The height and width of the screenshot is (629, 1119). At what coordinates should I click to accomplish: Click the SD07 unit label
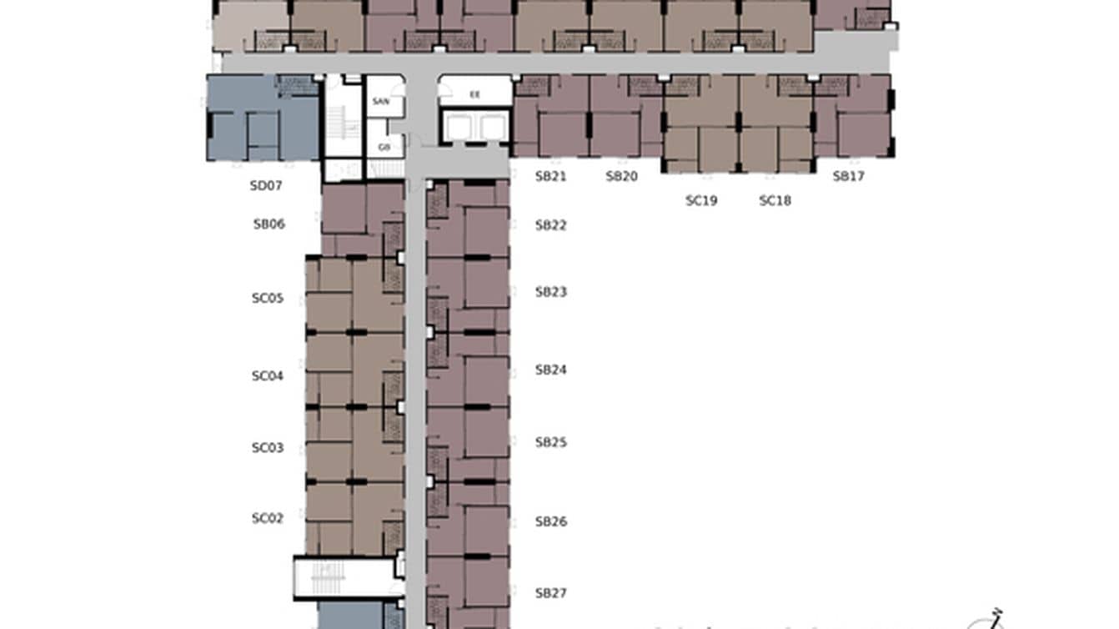click(266, 186)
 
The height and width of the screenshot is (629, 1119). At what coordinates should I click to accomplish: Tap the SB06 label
click(269, 224)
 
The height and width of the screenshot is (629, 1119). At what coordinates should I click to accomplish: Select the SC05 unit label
click(268, 298)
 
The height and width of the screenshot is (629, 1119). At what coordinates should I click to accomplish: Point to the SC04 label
click(268, 376)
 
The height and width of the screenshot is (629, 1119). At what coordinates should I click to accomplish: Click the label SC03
click(268, 448)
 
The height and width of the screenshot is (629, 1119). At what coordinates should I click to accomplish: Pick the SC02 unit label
click(268, 518)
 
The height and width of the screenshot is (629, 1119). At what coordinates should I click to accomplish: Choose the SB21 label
click(550, 176)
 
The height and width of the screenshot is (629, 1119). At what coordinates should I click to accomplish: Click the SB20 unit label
click(621, 176)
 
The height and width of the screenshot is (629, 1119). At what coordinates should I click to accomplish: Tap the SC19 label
click(701, 200)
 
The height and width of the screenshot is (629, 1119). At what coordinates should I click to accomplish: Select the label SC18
click(775, 200)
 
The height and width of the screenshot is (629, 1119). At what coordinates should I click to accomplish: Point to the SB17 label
click(848, 176)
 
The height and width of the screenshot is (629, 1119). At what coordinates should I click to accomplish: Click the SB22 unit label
click(550, 225)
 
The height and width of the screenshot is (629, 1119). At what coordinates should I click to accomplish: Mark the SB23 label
click(550, 292)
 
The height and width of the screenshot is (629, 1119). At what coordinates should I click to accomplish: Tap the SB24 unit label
click(550, 370)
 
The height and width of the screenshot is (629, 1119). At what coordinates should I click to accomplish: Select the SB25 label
click(550, 442)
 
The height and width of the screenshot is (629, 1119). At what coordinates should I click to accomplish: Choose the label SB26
click(550, 522)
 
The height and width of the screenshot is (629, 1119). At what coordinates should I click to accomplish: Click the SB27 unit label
click(550, 593)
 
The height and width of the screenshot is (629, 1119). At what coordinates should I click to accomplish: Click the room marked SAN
click(381, 101)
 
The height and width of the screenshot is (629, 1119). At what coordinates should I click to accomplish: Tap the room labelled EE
click(474, 94)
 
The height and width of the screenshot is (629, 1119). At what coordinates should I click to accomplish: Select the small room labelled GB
click(384, 147)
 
